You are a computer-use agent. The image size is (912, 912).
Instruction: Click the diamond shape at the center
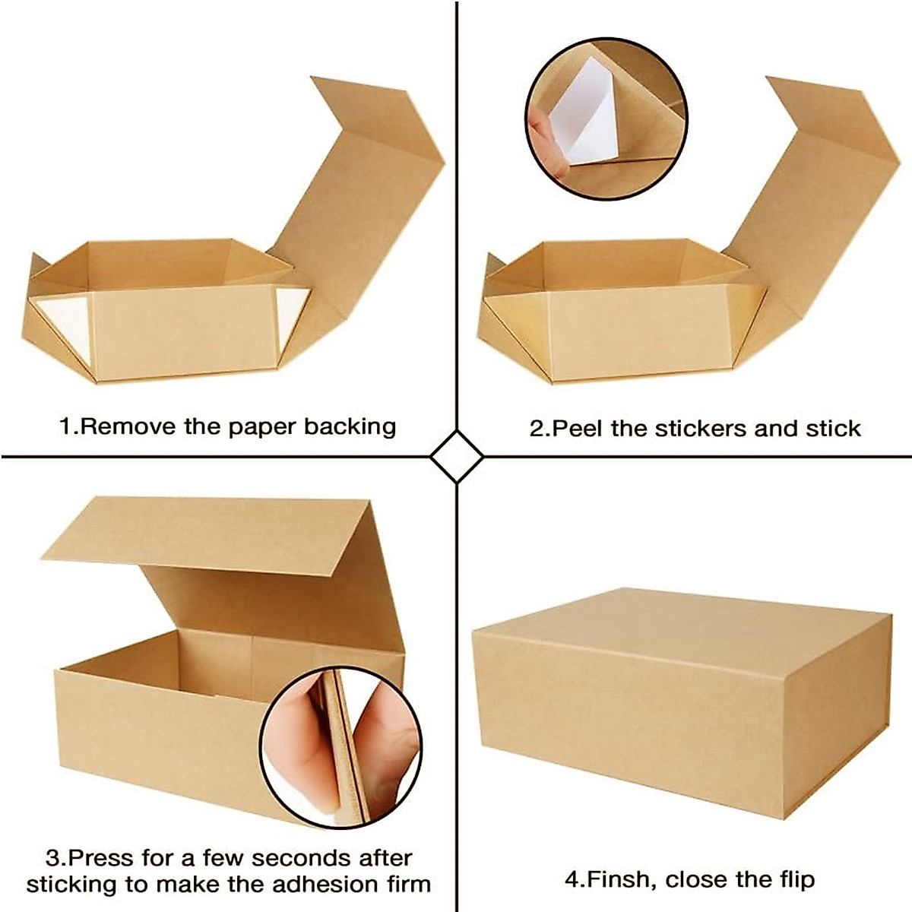(456, 457)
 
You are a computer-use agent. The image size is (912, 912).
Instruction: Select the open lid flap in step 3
(213, 532)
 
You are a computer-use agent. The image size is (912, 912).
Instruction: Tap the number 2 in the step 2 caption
(537, 429)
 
